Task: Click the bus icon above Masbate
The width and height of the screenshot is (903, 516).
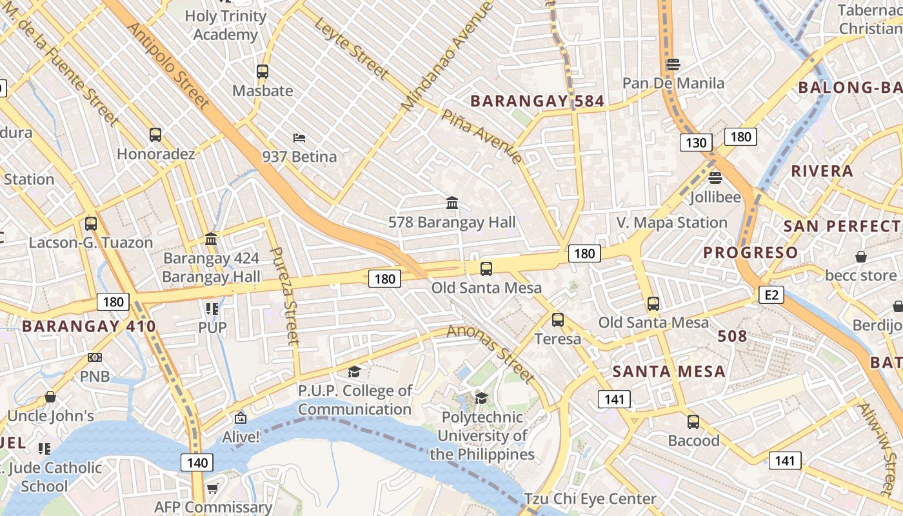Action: pyautogui.click(x=263, y=72)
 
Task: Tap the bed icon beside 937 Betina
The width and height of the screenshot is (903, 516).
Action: pyautogui.click(x=299, y=137)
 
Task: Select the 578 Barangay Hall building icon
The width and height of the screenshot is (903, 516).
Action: pyautogui.click(x=452, y=203)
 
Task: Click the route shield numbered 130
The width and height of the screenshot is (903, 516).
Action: pyautogui.click(x=696, y=143)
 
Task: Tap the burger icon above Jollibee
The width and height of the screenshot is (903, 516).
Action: pyautogui.click(x=715, y=178)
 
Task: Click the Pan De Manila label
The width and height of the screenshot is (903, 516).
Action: pyautogui.click(x=673, y=83)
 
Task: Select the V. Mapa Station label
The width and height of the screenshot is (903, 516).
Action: pyautogui.click(x=671, y=223)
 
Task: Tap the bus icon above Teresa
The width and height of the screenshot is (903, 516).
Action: pyautogui.click(x=558, y=319)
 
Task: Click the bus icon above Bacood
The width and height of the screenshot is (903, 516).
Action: pyautogui.click(x=693, y=422)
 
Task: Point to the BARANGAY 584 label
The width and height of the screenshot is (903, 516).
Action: pyautogui.click(x=537, y=101)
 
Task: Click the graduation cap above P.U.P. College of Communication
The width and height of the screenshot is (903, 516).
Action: pyautogui.click(x=354, y=372)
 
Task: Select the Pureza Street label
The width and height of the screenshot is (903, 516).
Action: pyautogui.click(x=284, y=295)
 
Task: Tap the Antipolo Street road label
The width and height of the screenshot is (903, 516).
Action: pyautogui.click(x=168, y=66)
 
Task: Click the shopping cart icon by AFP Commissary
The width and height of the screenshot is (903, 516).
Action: pyautogui.click(x=212, y=488)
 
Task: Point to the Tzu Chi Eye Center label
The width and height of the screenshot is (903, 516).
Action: pyautogui.click(x=590, y=499)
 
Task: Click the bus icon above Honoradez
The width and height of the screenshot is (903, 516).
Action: pyautogui.click(x=155, y=135)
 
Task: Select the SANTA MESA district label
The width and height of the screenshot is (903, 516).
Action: pyautogui.click(x=669, y=372)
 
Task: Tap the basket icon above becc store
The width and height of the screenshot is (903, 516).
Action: pyautogui.click(x=860, y=257)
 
